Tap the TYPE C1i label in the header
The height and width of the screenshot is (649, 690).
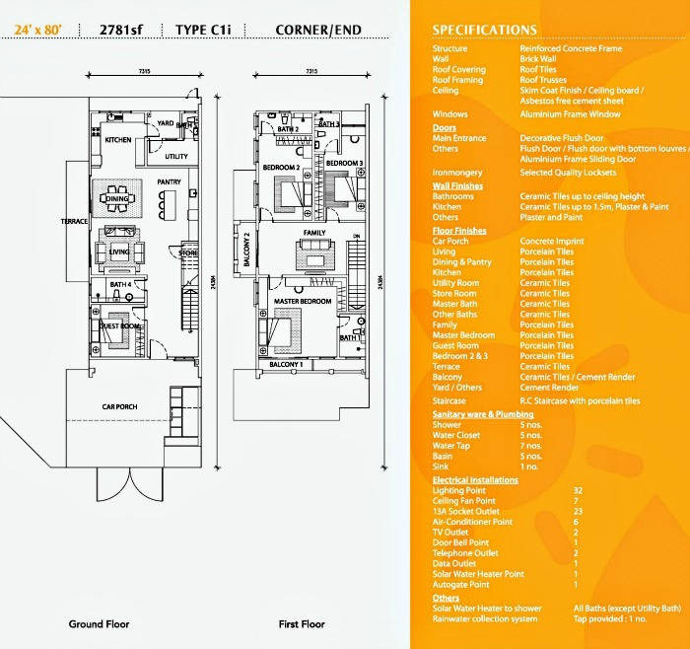205,30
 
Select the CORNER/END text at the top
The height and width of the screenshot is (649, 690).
311,30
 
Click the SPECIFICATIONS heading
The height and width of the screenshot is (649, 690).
484,31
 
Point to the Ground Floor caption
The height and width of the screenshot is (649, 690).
99,624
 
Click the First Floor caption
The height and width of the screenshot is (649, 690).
301,624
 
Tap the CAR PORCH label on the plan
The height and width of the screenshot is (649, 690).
118,406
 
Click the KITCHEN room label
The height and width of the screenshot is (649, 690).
117,140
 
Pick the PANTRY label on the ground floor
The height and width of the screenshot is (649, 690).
169,181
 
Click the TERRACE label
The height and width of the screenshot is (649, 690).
74,221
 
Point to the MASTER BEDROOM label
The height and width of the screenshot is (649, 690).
302,301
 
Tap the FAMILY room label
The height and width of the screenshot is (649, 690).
314,233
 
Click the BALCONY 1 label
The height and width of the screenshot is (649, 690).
286,365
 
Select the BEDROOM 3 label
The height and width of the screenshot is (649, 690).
345,163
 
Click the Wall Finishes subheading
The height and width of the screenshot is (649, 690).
457,185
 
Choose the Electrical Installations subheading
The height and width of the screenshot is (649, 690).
475,479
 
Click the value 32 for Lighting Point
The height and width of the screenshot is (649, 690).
578,490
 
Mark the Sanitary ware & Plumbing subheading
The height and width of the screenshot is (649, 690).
483,415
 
